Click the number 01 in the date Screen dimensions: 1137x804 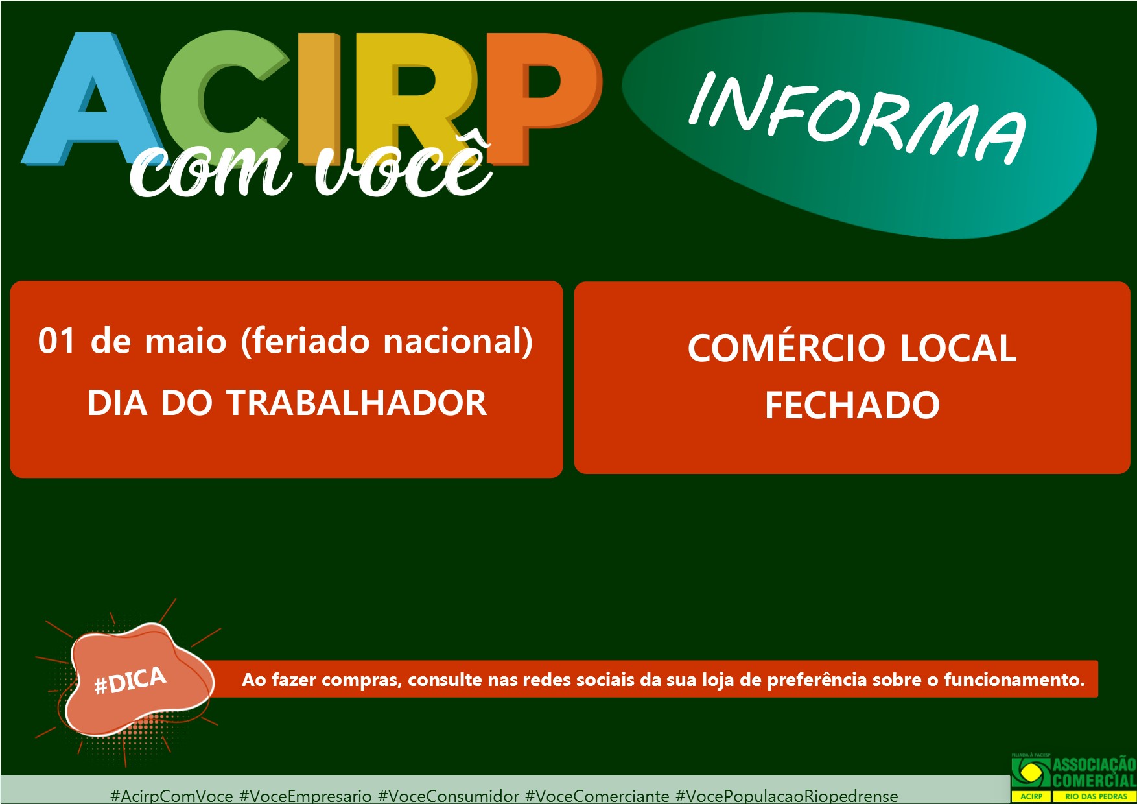56,341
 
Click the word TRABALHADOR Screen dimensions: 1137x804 357,403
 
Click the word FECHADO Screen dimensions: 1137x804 852,405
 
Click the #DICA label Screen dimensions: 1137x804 130,681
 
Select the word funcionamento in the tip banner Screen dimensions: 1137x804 1014,680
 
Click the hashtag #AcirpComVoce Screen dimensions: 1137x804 172,796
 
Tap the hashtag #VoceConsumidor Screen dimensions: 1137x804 449,796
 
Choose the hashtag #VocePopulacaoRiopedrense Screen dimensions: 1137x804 786,796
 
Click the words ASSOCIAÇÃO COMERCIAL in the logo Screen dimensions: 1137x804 1094,772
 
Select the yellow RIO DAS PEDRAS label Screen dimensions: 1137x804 1096,796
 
